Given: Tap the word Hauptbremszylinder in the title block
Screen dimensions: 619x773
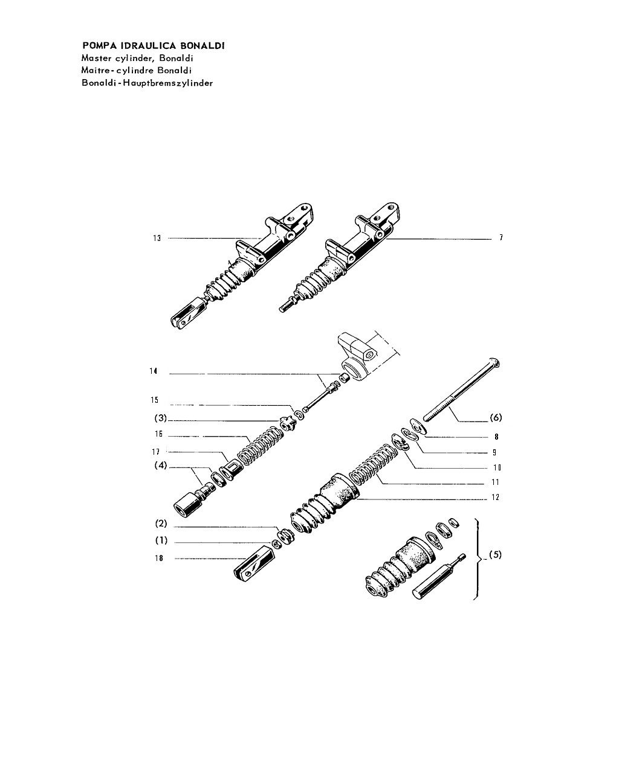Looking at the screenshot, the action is tap(168, 83).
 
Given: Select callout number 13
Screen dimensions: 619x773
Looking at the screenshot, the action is tap(157, 238).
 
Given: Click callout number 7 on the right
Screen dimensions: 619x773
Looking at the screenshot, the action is tap(501, 237).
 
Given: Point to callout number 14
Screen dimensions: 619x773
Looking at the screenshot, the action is tap(154, 371).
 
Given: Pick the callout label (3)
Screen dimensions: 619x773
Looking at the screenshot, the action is tap(161, 418).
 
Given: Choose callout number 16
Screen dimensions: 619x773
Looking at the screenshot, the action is tap(158, 434).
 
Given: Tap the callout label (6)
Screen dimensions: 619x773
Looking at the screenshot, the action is tap(496, 417).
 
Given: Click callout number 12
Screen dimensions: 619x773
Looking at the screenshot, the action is tap(496, 497).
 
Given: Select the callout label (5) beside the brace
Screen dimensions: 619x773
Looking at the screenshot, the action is tap(495, 554).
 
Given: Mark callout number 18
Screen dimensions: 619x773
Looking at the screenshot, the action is tap(159, 558).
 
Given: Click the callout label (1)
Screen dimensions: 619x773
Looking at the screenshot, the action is tap(161, 540).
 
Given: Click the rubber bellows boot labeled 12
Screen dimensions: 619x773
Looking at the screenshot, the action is tap(325, 504).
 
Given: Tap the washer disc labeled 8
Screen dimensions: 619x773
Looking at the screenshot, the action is tap(418, 426).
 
